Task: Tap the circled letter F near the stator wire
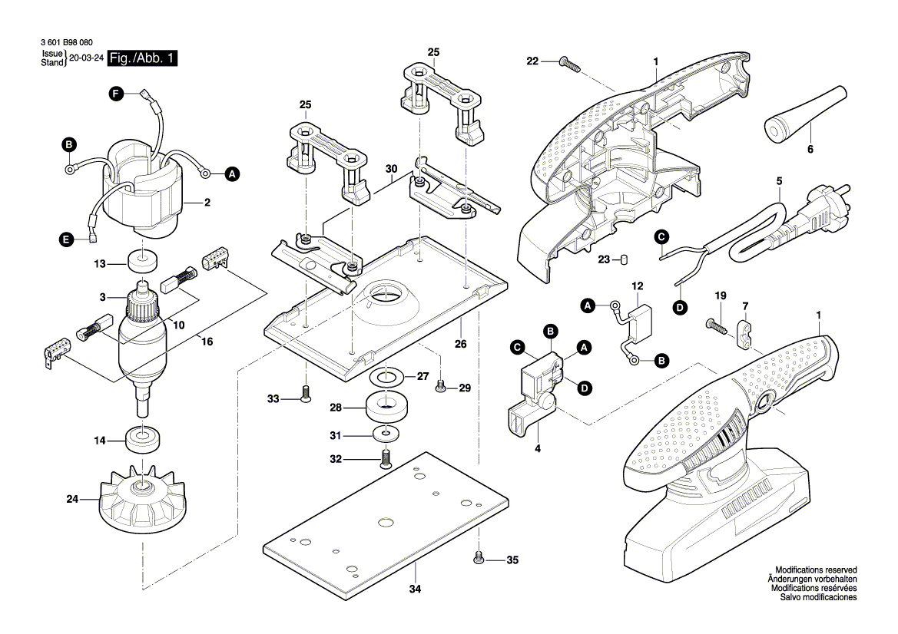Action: (x=115, y=94)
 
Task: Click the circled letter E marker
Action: (x=68, y=240)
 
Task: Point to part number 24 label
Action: (x=72, y=499)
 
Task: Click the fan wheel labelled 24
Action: (x=143, y=503)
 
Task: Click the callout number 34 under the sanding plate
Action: (x=415, y=589)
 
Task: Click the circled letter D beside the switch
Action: (x=585, y=388)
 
